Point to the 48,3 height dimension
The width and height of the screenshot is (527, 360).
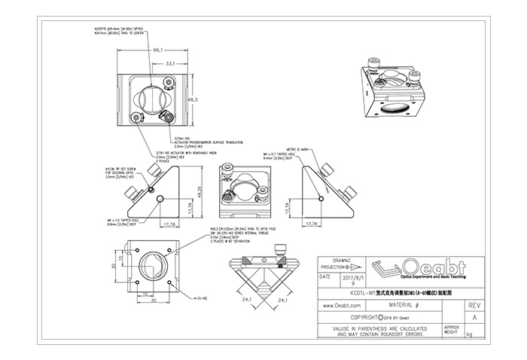pyautogui.click(x=192, y=99)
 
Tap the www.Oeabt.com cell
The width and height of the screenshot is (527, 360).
pyautogui.click(x=343, y=306)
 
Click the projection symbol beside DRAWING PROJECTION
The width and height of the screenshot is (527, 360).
pyautogui.click(x=354, y=266)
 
